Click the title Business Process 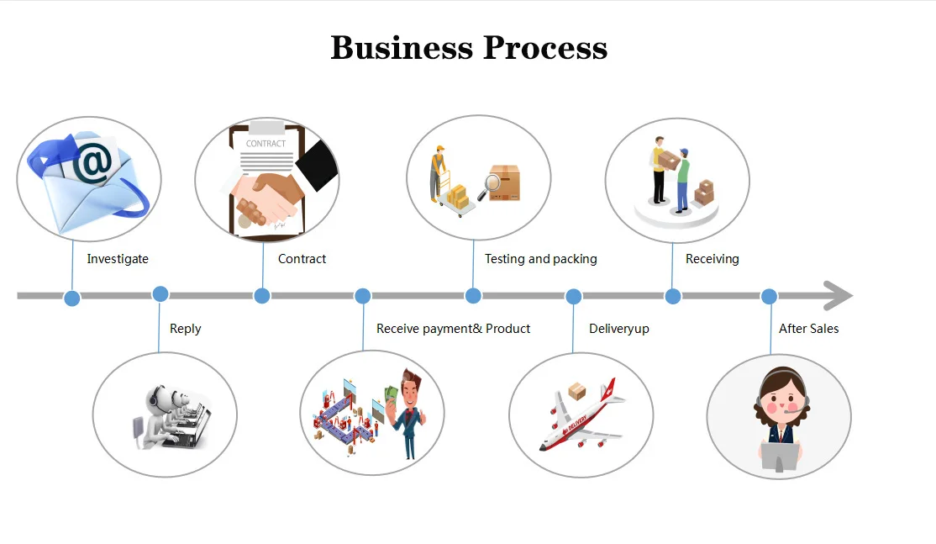[469, 48]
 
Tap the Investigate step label [118, 259]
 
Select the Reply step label [185, 329]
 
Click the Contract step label [302, 259]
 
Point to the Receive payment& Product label [453, 329]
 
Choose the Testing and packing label [540, 259]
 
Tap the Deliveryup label [618, 329]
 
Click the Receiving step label [712, 259]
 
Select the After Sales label [808, 329]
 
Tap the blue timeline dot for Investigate [72, 298]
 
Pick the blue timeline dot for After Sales [769, 296]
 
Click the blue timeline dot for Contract [262, 296]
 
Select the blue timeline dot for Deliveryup [573, 296]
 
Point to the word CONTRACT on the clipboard [266, 144]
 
